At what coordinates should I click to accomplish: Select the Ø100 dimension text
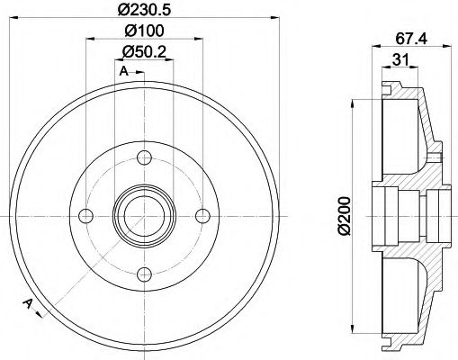tap(144, 31)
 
